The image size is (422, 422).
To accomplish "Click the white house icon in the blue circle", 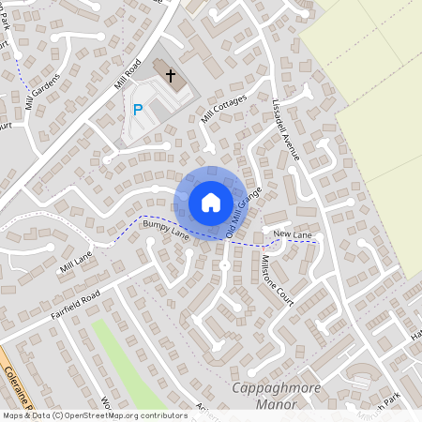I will (x=211, y=202).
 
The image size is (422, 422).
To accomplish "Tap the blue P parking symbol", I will (x=138, y=110).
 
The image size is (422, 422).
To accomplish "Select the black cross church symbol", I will (x=171, y=74).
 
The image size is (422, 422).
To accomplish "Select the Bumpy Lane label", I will (x=166, y=231).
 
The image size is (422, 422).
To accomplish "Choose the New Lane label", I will (x=293, y=233).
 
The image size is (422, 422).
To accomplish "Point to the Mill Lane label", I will (x=76, y=261).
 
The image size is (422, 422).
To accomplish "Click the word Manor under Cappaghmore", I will (x=276, y=404).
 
